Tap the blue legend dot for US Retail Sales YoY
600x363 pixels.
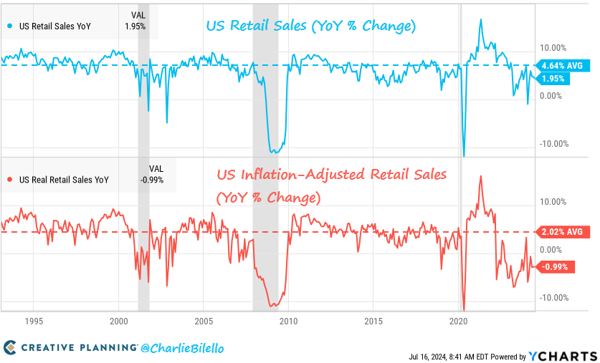tap(9, 26)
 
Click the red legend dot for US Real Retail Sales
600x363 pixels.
tap(9, 180)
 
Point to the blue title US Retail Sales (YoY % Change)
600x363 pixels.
tap(310, 26)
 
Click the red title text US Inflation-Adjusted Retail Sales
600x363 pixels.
tap(331, 174)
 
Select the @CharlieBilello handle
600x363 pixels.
tap(182, 348)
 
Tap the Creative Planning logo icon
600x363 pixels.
tap(10, 348)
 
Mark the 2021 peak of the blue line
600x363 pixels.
tap(480, 19)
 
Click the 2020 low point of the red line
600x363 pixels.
tap(465, 309)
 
